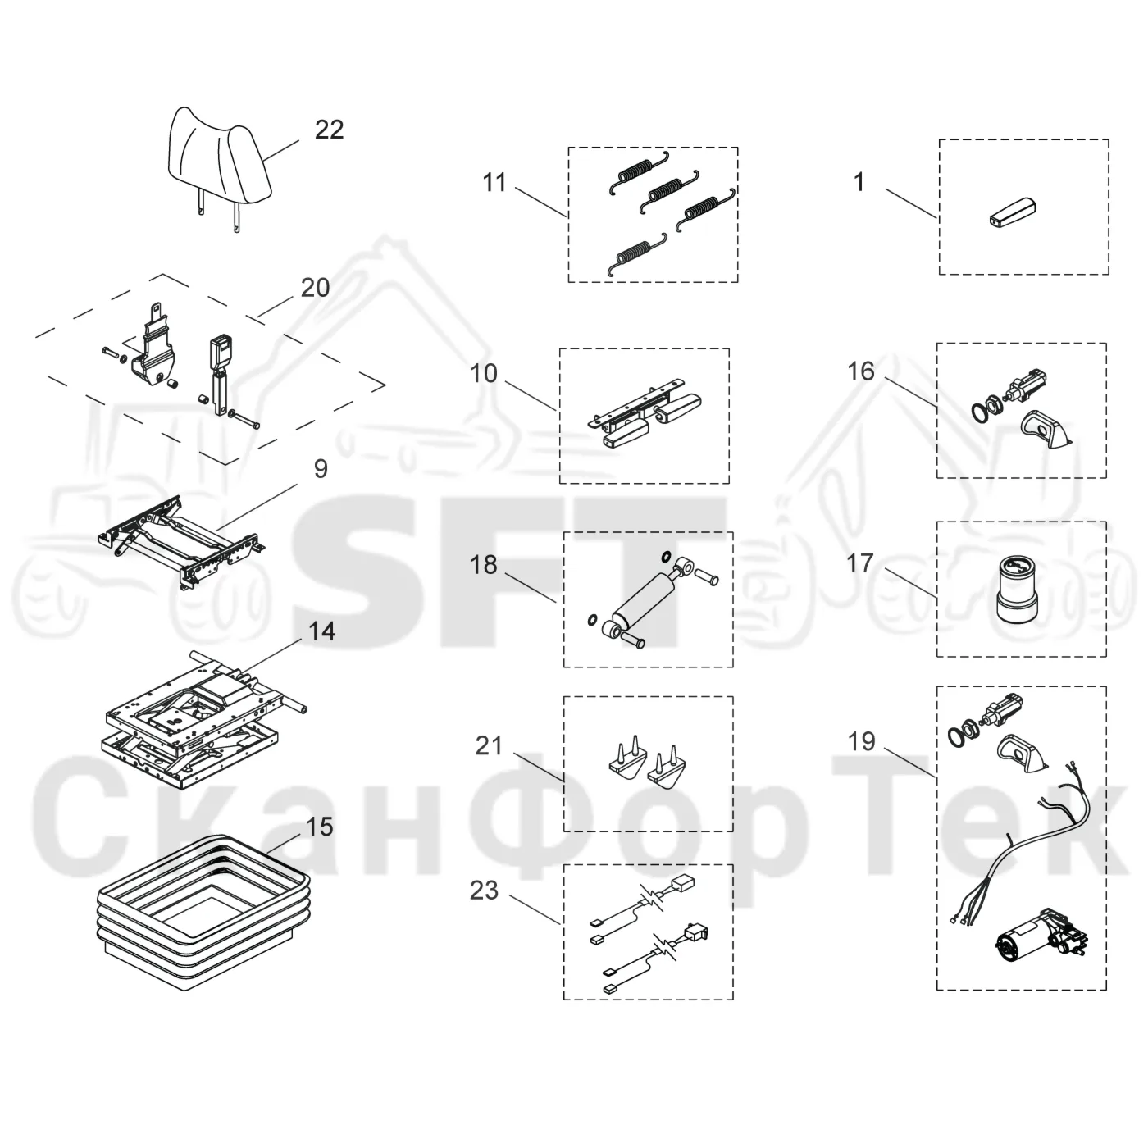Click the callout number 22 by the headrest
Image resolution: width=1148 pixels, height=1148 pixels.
[329, 130]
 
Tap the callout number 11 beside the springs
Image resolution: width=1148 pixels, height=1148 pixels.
[494, 182]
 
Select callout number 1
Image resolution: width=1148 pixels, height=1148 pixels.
[859, 182]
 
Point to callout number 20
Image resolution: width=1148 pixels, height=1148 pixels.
[315, 289]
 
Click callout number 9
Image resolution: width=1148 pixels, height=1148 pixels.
[321, 469]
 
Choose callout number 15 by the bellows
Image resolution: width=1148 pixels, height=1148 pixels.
[319, 827]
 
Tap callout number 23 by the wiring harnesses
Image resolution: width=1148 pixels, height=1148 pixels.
[485, 890]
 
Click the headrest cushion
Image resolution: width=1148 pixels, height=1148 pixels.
[218, 156]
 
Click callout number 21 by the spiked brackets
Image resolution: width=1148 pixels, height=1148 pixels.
[489, 745]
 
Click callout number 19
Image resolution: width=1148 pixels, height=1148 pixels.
[862, 742]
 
